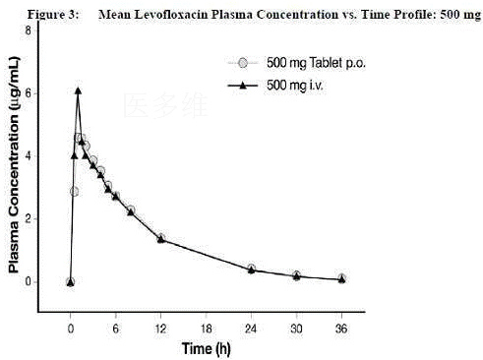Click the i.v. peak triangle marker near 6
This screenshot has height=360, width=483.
pyautogui.click(x=78, y=90)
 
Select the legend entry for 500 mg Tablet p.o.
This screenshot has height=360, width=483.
pyautogui.click(x=297, y=63)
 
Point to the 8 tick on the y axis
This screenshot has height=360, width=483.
pyautogui.click(x=28, y=30)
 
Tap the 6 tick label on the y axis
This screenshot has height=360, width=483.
pyautogui.click(x=28, y=93)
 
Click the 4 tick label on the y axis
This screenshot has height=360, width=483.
pyautogui.click(x=28, y=156)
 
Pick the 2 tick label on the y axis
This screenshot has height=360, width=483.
pyautogui.click(x=28, y=218)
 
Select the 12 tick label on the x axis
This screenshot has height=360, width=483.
pyautogui.click(x=160, y=329)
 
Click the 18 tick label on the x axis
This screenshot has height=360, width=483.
pyautogui.click(x=206, y=329)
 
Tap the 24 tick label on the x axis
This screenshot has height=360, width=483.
pyautogui.click(x=251, y=329)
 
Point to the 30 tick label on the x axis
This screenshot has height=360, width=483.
pyautogui.click(x=296, y=329)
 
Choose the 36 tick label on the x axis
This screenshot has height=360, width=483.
pyautogui.click(x=341, y=329)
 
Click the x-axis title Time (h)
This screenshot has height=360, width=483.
pyautogui.click(x=207, y=348)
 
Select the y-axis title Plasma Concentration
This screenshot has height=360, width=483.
pyautogui.click(x=14, y=164)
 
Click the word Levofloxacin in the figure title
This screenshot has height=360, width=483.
pyautogui.click(x=171, y=14)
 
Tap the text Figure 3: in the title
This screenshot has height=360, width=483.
pyautogui.click(x=53, y=15)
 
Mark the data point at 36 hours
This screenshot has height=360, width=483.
pyautogui.click(x=341, y=278)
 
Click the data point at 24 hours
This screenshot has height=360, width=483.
pyautogui.click(x=252, y=270)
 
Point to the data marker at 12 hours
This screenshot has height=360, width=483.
pyautogui.click(x=160, y=238)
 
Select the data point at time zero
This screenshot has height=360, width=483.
pyautogui.click(x=70, y=282)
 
